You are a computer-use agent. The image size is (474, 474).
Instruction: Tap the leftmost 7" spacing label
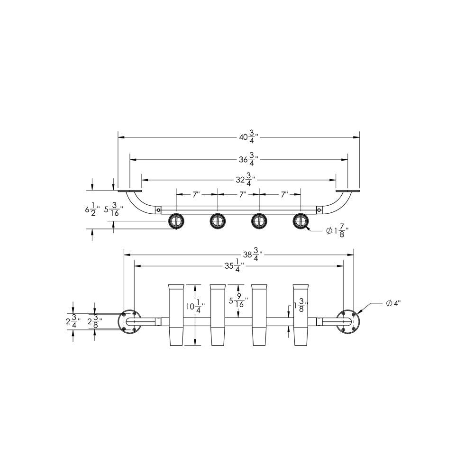pyautogui.click(x=197, y=194)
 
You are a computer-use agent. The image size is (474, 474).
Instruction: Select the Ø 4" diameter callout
pyautogui.click(x=393, y=303)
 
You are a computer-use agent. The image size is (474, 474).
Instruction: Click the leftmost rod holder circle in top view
pyautogui.click(x=176, y=221)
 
